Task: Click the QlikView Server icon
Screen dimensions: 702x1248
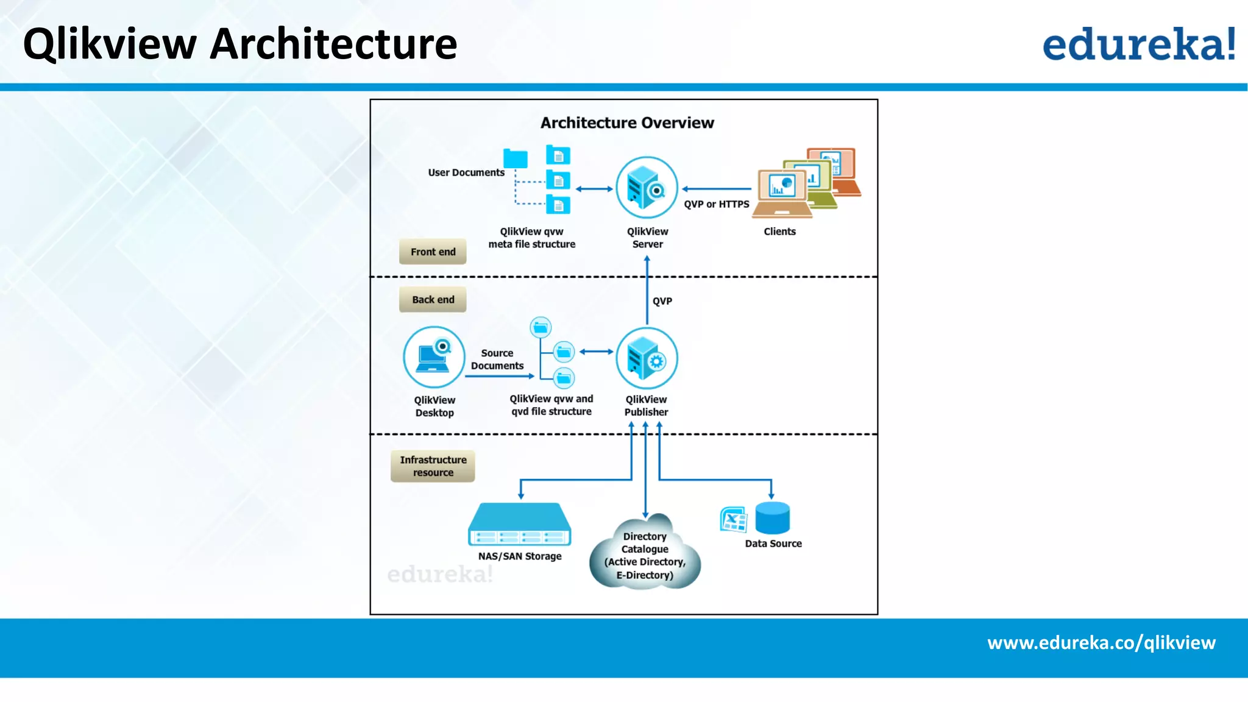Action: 647,188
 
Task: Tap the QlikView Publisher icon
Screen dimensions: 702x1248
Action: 647,358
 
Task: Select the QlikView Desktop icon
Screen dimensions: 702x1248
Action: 434,357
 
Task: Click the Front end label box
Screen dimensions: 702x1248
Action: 433,252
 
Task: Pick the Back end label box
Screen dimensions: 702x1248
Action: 433,300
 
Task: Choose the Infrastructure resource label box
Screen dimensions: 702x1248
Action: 433,466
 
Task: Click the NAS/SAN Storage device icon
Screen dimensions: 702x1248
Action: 519,524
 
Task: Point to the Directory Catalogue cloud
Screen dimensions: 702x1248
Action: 645,553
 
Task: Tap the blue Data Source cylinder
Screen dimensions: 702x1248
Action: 772,518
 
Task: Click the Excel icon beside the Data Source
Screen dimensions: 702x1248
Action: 733,520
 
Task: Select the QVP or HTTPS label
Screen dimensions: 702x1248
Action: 716,204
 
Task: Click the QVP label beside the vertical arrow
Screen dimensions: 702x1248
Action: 662,301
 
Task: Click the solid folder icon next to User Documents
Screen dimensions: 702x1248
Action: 515,158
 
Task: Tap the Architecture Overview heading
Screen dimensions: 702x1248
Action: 627,123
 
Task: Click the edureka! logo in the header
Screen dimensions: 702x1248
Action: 1138,44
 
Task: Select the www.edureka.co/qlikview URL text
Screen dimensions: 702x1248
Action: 1101,643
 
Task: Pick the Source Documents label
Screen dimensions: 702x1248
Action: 497,360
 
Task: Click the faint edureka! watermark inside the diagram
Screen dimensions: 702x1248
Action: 439,574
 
